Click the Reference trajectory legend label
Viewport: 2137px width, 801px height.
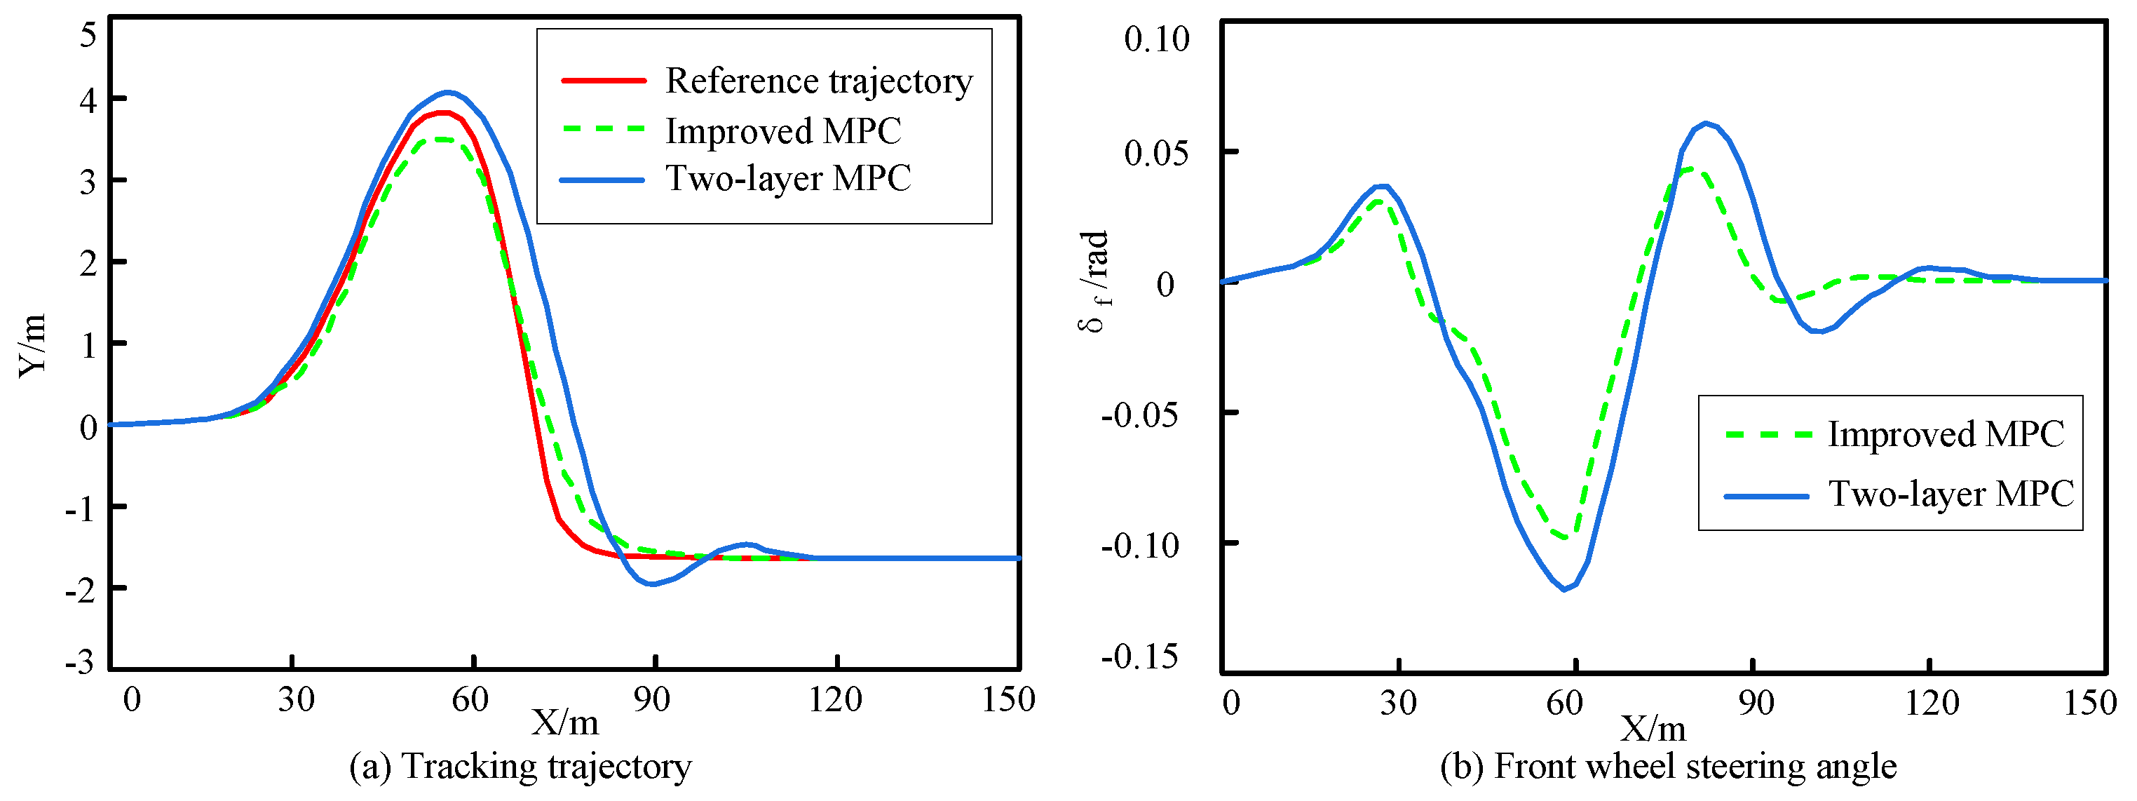pyautogui.click(x=818, y=81)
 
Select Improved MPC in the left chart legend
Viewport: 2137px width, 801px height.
pyautogui.click(x=782, y=131)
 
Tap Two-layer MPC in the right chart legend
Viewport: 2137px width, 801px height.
pyautogui.click(x=1951, y=494)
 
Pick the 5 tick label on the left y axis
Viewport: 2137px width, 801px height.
pyautogui.click(x=88, y=36)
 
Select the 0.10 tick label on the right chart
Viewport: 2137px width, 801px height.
pyautogui.click(x=1156, y=39)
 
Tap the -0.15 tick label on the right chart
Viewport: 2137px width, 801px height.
pyautogui.click(x=1140, y=657)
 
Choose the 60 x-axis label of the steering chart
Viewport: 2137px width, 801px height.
pyautogui.click(x=1565, y=703)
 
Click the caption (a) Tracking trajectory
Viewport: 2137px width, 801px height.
pyautogui.click(x=520, y=766)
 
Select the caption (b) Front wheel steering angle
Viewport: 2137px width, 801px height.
pyautogui.click(x=1667, y=766)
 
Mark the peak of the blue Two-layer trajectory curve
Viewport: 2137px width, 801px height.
pyautogui.click(x=447, y=92)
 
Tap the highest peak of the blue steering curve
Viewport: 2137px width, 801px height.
pyautogui.click(x=1706, y=123)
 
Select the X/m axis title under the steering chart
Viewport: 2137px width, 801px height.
pyautogui.click(x=1653, y=729)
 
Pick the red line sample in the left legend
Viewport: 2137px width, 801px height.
pyautogui.click(x=603, y=81)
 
